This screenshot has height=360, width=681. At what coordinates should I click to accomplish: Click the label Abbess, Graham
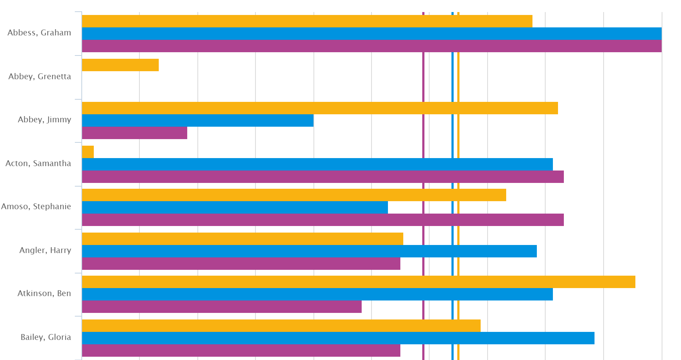point(39,33)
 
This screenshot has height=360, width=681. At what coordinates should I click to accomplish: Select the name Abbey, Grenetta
point(40,77)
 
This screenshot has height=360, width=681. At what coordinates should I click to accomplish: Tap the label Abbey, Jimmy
point(45,120)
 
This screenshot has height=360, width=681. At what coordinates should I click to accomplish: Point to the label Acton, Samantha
point(38,164)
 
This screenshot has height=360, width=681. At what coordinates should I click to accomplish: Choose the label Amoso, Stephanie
point(36,207)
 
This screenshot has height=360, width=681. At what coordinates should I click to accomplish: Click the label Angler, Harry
point(45,250)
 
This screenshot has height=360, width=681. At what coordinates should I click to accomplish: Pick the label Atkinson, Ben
point(44,294)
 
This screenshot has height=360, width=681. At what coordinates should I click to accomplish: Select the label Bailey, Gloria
point(46,337)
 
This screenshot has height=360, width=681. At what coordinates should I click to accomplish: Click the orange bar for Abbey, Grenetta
point(120,65)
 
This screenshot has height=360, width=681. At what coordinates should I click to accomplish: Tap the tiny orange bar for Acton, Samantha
point(88,152)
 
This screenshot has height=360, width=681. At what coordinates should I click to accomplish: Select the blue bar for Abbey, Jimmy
point(197,120)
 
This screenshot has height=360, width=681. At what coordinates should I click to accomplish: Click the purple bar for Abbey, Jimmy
point(134,133)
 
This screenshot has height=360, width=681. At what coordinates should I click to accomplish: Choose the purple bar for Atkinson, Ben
point(222,307)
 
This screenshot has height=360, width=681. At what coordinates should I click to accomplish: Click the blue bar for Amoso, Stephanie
point(235,207)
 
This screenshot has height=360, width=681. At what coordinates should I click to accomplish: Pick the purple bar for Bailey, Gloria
point(241,351)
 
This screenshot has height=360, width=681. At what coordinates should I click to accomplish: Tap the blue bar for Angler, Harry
point(309,251)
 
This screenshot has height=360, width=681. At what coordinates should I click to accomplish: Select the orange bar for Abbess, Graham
point(307,21)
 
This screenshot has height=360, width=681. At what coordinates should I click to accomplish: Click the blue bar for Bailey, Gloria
point(338,338)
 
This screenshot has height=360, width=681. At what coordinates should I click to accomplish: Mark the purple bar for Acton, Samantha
point(323,177)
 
